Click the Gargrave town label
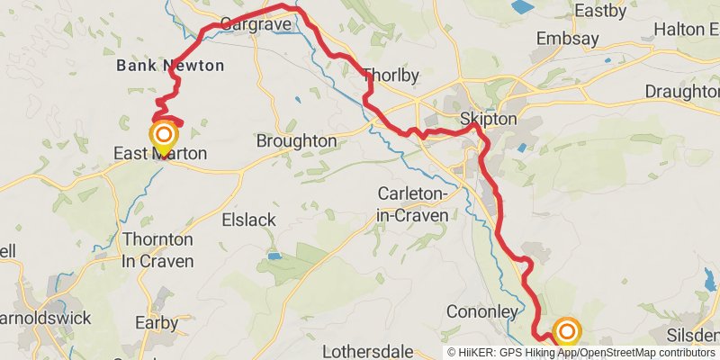pyautogui.click(x=255, y=23)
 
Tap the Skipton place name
pyautogui.click(x=488, y=119)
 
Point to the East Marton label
pyautogui.click(x=160, y=155)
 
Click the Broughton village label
pyautogui.click(x=296, y=141)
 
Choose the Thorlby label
pyautogui.click(x=390, y=76)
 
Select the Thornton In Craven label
pyautogui.click(x=157, y=250)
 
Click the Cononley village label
pyautogui.click(x=482, y=311)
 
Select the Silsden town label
pyautogui.click(x=691, y=335)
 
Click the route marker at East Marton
pyautogui.click(x=164, y=138)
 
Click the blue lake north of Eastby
pyautogui.click(x=521, y=7)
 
